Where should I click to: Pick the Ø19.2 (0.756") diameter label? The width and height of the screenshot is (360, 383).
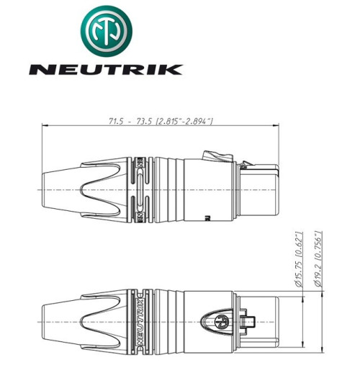[x=320, y=260]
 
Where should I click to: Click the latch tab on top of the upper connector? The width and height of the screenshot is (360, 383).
[x=214, y=154]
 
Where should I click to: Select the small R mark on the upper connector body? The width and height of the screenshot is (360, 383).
[x=207, y=216]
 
